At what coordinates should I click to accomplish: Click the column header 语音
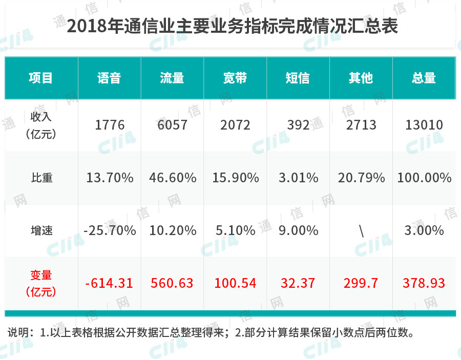(109, 78)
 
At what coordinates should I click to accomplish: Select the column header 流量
(172, 78)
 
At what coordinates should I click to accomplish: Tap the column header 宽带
(235, 78)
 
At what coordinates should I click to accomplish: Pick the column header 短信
(298, 78)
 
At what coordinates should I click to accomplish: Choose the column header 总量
(424, 78)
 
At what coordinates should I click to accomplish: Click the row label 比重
(42, 178)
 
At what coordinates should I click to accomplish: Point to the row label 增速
(42, 230)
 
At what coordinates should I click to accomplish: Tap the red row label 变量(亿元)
(41, 283)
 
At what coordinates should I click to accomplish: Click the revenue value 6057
(172, 125)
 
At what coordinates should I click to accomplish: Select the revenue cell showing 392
(298, 125)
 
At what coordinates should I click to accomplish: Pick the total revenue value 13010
(424, 125)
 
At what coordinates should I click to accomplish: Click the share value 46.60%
(173, 178)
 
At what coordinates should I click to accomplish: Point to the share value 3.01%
(299, 178)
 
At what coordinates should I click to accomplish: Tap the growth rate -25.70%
(110, 230)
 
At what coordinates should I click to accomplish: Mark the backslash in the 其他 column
(361, 230)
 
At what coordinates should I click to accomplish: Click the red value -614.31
(109, 283)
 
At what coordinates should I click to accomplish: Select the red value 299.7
(361, 283)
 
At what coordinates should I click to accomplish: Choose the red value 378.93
(424, 283)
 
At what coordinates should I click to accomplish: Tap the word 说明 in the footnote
(18, 332)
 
